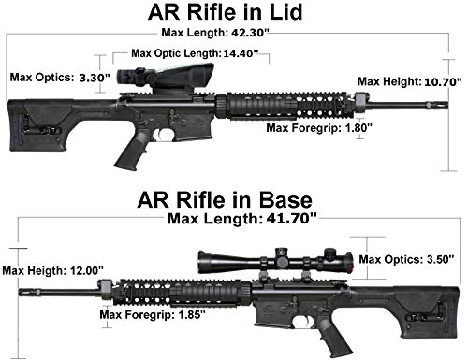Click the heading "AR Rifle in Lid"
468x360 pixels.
coord(226,12)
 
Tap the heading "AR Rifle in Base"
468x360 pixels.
coord(225,200)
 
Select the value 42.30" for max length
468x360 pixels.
coord(250,33)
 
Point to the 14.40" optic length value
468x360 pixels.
coord(241,53)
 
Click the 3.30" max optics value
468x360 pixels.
coord(95,78)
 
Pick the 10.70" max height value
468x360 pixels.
coord(443,82)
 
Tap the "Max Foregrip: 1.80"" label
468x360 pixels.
coord(319,127)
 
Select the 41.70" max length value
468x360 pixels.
coord(292,219)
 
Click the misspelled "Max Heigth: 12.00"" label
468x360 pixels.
coord(53,270)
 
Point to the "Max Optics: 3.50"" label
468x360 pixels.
coord(406,259)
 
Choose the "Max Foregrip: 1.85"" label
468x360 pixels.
coord(153,314)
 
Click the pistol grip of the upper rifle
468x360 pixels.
coord(131,151)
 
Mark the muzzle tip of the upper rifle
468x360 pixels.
coord(447,105)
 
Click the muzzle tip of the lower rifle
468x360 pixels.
coord(20,293)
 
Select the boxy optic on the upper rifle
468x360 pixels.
coord(166,78)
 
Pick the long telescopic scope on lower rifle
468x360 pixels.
coord(275,259)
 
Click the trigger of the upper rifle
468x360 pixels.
coord(159,135)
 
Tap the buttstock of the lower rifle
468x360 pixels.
coord(428,311)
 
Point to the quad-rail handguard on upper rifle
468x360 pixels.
coord(285,106)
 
